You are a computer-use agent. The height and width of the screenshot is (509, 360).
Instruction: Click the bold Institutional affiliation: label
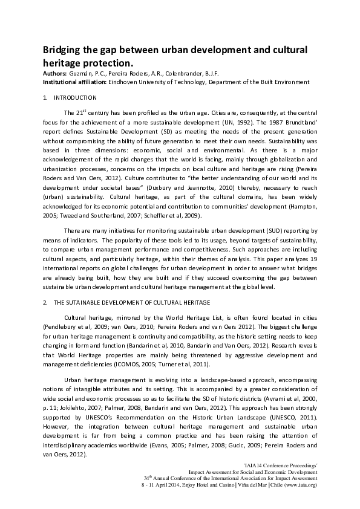74,82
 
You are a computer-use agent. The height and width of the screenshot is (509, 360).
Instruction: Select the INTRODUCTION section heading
75,97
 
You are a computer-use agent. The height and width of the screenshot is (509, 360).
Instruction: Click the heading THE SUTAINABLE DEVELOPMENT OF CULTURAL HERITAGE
132,302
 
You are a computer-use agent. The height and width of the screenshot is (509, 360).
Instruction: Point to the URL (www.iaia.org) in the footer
296,485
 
